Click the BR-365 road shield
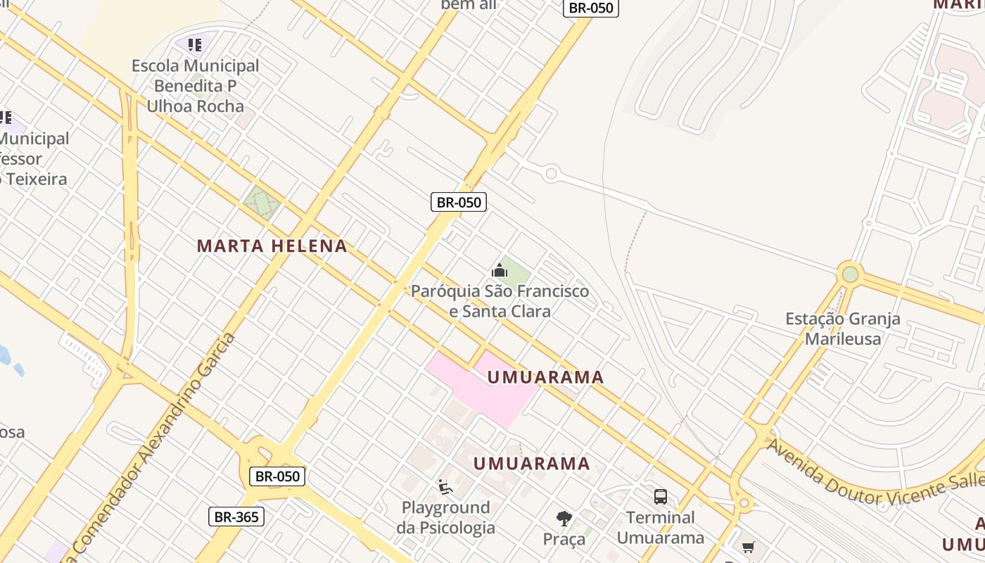point(236,517)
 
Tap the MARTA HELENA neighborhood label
point(272,246)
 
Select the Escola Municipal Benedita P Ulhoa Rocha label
point(196,86)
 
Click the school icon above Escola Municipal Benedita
point(195,46)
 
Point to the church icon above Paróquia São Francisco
point(500,270)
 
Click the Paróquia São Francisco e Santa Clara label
point(500,301)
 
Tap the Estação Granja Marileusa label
point(842,329)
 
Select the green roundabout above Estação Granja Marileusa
point(850,274)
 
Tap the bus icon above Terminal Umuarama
point(660,497)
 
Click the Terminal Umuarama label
point(660,528)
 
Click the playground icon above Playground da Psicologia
point(445,486)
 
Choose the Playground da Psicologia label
point(445,517)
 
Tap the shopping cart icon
point(748,548)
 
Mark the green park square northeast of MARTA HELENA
point(261,203)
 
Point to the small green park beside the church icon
point(516,272)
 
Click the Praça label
point(564,540)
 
